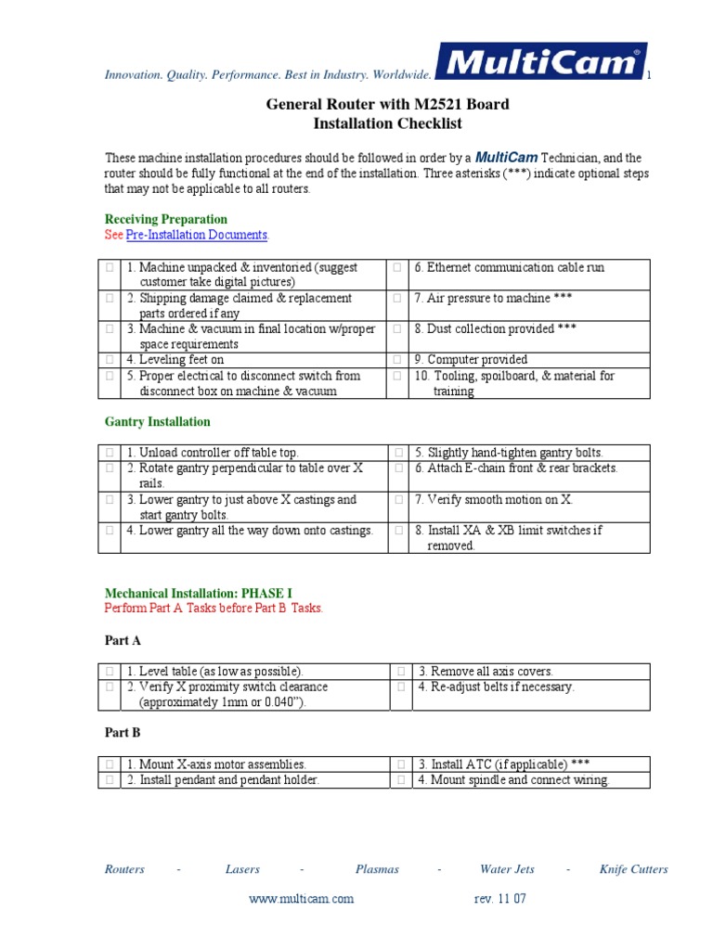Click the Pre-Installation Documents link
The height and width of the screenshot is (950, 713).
197,236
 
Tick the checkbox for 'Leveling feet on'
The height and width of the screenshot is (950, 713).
110,360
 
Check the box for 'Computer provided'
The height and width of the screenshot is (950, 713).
397,360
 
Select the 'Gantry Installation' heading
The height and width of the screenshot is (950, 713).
157,422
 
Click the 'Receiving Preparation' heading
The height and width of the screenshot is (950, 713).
165,220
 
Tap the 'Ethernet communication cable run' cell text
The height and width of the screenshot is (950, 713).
509,267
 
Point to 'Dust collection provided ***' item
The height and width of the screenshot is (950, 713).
497,328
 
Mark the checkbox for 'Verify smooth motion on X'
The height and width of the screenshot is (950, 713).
397,500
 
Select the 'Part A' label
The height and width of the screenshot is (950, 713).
123,641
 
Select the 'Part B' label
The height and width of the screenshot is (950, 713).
123,733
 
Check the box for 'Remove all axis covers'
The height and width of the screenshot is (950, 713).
397,672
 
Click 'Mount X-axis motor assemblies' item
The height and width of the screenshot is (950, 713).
216,764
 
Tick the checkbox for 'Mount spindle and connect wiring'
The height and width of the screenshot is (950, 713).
397,780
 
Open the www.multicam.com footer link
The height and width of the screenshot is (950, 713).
302,899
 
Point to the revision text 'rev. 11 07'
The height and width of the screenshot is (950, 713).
499,899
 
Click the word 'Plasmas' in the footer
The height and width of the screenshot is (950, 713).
377,869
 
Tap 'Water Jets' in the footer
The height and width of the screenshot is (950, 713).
507,869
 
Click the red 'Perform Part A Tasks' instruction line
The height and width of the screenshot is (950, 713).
214,609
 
